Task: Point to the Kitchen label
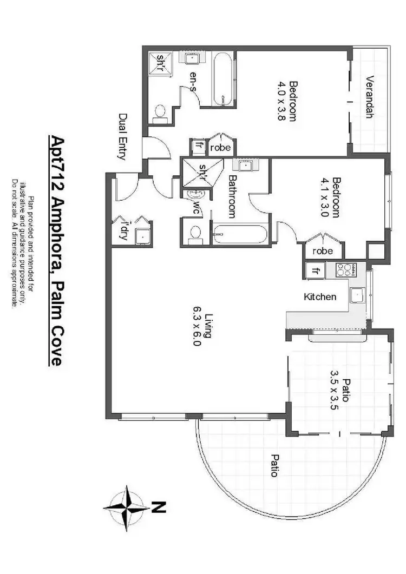[320, 296]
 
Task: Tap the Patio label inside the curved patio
[274, 465]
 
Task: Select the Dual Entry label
[122, 136]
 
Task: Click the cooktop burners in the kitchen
[345, 269]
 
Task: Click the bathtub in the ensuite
[222, 78]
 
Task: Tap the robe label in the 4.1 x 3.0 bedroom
[323, 251]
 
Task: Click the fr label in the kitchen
[316, 269]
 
